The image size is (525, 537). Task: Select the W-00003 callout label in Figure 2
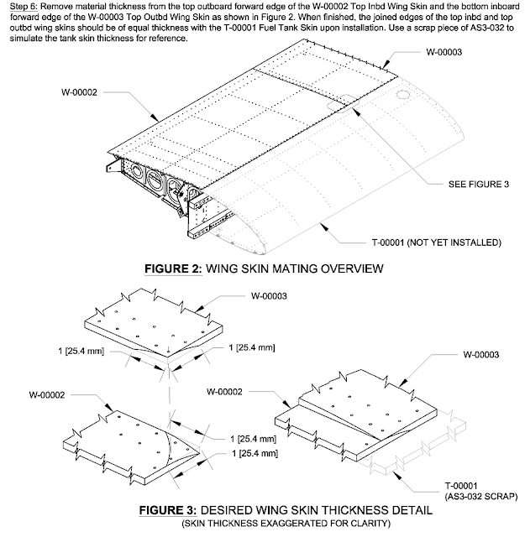pyautogui.click(x=447, y=51)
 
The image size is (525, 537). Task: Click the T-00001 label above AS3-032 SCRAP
pyautogui.click(x=462, y=485)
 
